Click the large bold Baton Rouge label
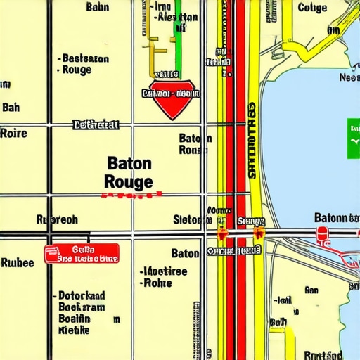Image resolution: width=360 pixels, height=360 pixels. click(x=128, y=172)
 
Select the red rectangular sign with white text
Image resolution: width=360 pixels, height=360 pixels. click(x=82, y=254)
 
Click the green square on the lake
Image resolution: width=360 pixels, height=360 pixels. click(x=353, y=131)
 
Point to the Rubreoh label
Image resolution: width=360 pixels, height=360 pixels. click(x=57, y=220)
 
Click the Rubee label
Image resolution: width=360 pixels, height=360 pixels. click(x=17, y=264)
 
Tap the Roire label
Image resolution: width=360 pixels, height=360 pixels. click(x=13, y=133)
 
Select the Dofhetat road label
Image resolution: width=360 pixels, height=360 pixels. click(x=96, y=125)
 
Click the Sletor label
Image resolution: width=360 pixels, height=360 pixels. click(x=187, y=220)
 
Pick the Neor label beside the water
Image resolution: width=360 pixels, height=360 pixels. click(x=349, y=78)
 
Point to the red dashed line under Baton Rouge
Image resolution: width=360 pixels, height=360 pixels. click(x=131, y=195)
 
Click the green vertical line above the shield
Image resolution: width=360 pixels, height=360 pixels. click(x=178, y=42)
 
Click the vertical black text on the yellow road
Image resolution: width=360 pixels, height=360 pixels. click(x=252, y=141)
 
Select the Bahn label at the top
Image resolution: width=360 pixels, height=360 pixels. click(x=97, y=7)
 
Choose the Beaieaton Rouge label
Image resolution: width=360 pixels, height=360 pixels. click(x=83, y=64)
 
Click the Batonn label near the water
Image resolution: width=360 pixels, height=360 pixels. click(x=335, y=217)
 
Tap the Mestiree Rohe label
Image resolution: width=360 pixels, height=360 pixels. click(x=164, y=277)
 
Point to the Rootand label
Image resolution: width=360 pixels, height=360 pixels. click(x=323, y=355)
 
